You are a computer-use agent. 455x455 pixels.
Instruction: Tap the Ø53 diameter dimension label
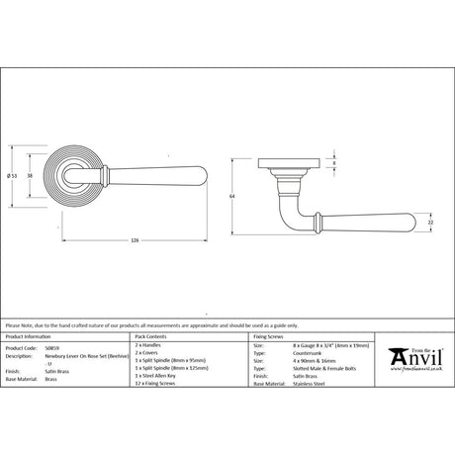point(11,175)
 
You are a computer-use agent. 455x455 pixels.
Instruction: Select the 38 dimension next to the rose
point(31,175)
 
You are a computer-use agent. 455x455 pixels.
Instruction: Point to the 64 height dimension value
point(231,197)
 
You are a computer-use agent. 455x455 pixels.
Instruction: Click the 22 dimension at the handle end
point(430,224)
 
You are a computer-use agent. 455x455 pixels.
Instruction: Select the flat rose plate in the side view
point(288,157)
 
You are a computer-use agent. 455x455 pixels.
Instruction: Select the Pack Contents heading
point(151,337)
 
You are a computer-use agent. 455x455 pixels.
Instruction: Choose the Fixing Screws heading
point(269,337)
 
